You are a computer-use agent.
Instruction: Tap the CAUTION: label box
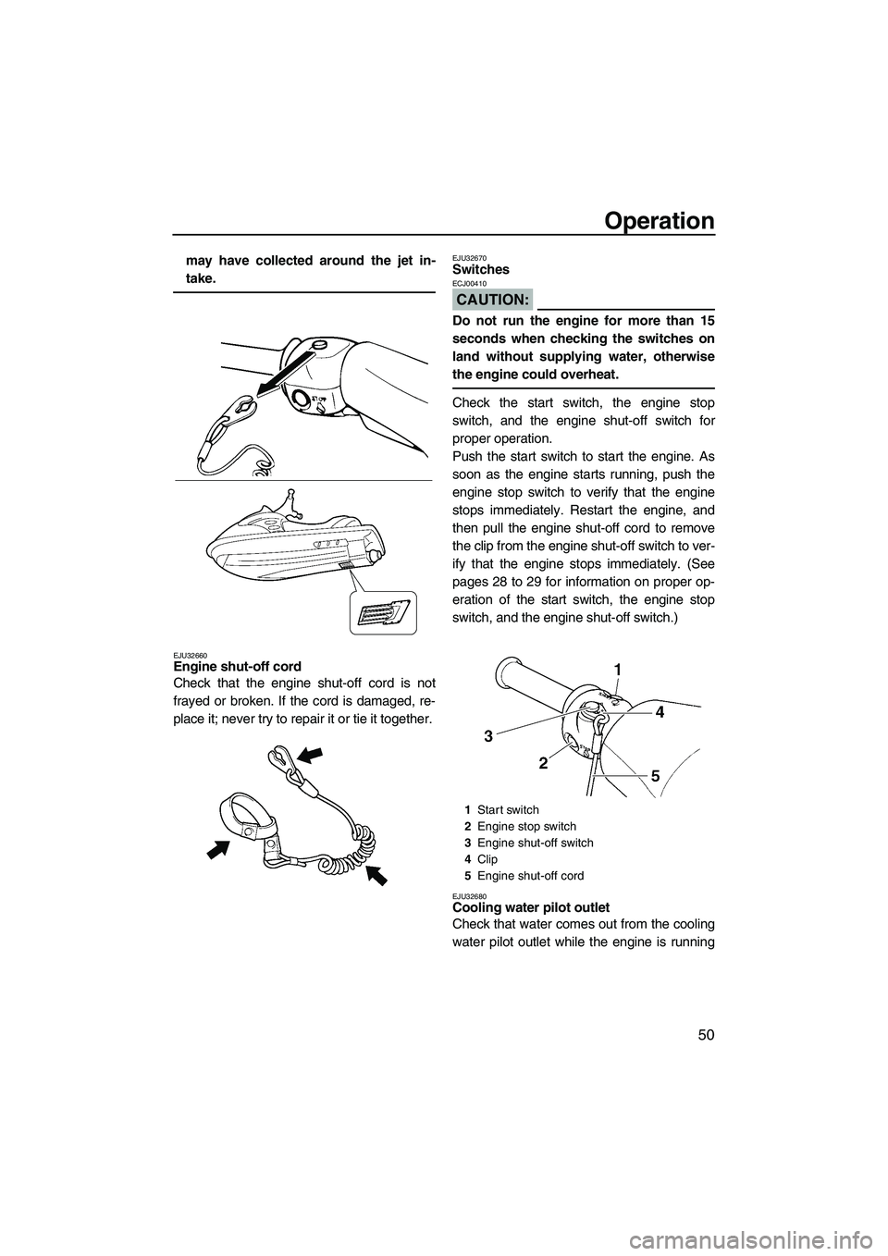pyautogui.click(x=492, y=299)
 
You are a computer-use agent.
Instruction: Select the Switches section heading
pyautogui.click(x=481, y=269)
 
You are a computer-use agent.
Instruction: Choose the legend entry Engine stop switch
pyautogui.click(x=526, y=826)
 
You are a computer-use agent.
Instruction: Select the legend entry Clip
pyautogui.click(x=487, y=859)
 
